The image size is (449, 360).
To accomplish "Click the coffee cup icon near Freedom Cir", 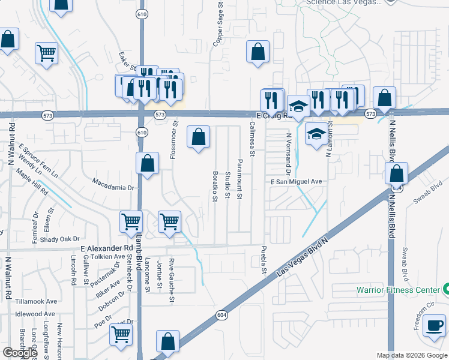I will (434, 326).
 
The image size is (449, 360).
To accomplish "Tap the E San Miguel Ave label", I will (297, 181).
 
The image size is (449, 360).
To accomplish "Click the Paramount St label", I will (240, 179).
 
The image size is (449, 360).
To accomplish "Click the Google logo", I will (20, 353).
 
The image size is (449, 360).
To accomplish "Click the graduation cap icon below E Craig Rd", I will (316, 134).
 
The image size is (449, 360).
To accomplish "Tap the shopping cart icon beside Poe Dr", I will (121, 335).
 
